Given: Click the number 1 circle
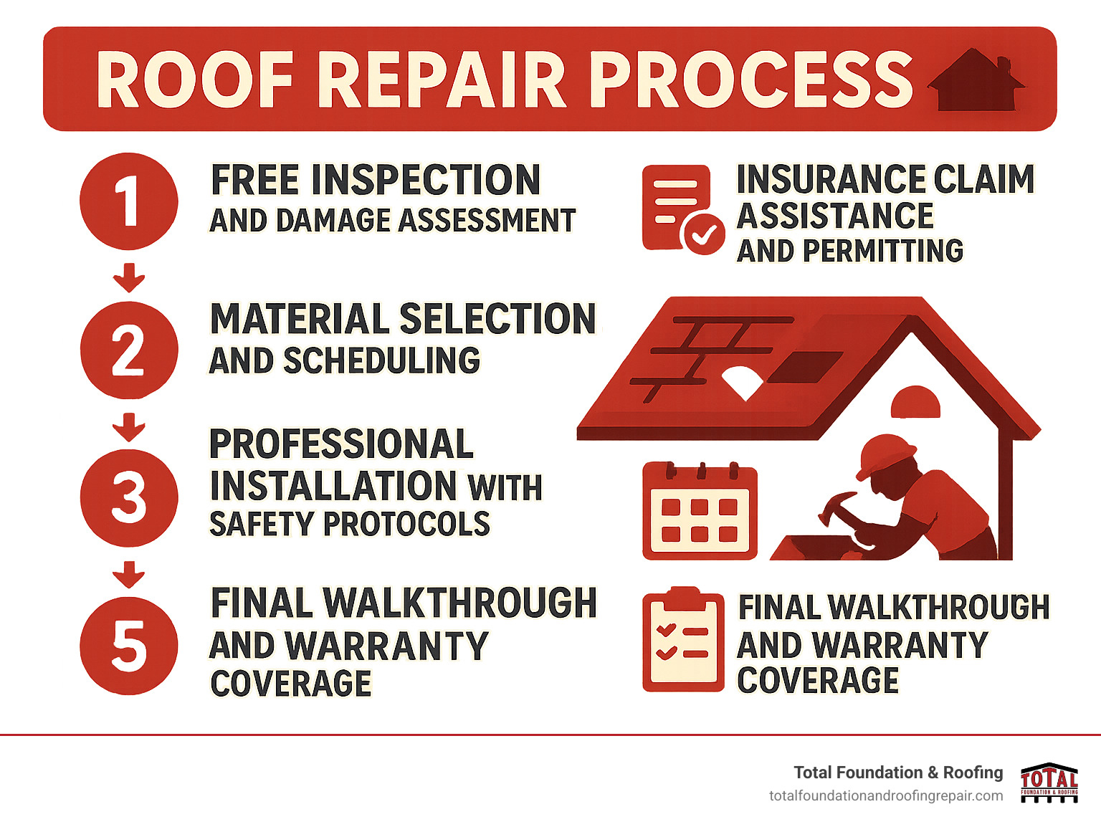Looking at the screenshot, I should [x=129, y=201].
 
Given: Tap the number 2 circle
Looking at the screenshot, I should [x=129, y=350].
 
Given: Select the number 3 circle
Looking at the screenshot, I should [x=129, y=498].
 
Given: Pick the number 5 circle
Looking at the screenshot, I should [x=129, y=646].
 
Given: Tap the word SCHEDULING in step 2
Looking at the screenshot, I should [x=381, y=360].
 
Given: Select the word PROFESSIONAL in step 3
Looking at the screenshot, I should [x=341, y=444].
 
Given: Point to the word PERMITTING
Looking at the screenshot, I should [x=883, y=252].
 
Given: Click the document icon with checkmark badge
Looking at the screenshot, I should [x=681, y=209].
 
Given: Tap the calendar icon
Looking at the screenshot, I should [x=700, y=511].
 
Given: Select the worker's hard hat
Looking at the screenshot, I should [x=886, y=455].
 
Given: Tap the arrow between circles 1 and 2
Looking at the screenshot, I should [x=129, y=277].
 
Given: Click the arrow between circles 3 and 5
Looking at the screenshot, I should [x=129, y=574].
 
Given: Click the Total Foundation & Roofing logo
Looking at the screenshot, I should [x=1049, y=783].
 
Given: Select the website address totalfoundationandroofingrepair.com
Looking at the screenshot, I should [x=886, y=796].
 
